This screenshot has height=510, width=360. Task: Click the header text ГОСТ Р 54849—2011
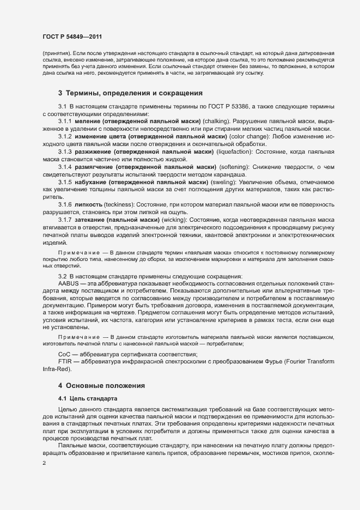(72, 37)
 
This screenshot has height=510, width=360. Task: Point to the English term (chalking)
(216, 121)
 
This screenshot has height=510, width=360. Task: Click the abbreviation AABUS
(68, 284)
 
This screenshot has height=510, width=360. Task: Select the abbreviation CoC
(64, 355)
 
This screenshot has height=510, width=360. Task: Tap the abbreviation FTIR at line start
(65, 362)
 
